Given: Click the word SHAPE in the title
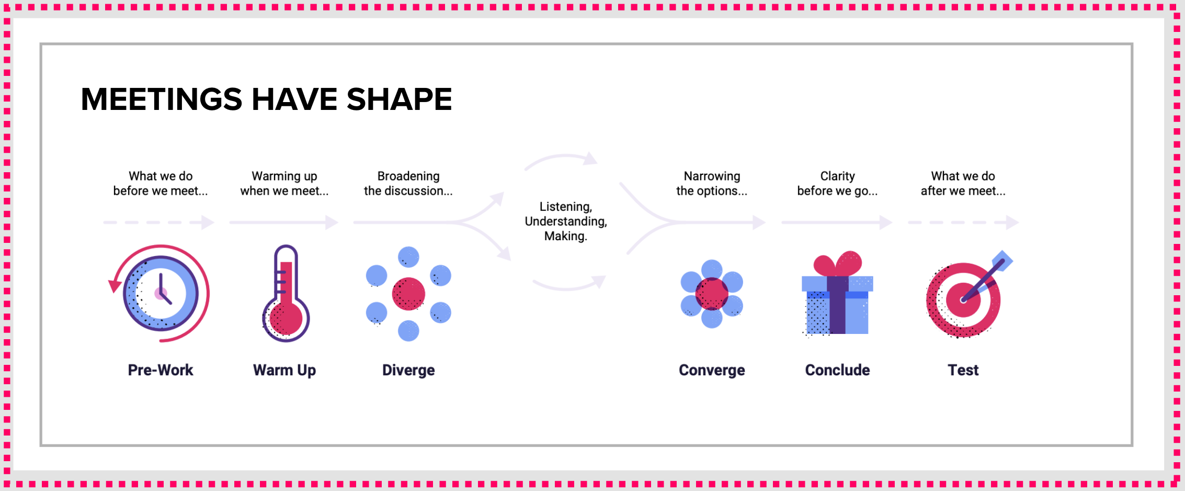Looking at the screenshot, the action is [399, 99].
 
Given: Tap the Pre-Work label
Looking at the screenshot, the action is [161, 370].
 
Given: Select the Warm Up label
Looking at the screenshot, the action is [284, 370].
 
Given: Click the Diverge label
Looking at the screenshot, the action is [408, 370].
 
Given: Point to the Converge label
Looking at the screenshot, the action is [712, 370].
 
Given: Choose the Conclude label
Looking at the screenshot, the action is [837, 370].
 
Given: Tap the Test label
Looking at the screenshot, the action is [963, 370].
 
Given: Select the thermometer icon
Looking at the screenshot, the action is [286, 293].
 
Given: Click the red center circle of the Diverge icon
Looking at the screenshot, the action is [408, 294].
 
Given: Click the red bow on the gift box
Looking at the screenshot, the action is [837, 263].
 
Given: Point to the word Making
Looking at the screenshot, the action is [566, 236].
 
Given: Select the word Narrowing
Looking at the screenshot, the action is [712, 176].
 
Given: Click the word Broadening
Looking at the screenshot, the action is [408, 176].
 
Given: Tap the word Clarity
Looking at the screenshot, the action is [837, 176].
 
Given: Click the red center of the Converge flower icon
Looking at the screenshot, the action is [712, 294].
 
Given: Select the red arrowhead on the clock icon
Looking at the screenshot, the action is [115, 286].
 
